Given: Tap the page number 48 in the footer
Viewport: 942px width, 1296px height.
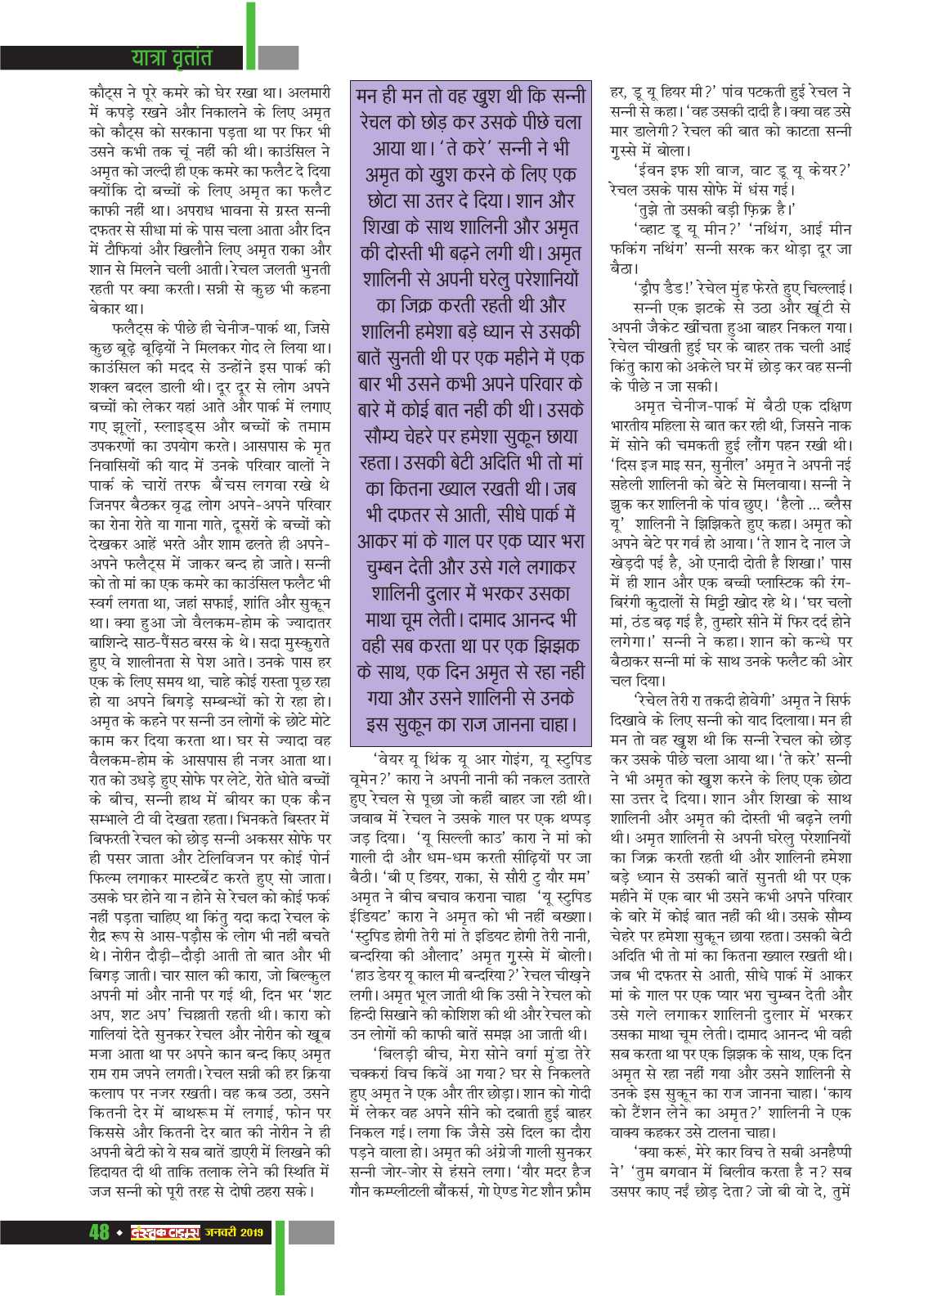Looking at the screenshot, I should (99, 1231).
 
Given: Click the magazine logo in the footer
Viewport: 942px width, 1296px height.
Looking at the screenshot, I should (166, 1231).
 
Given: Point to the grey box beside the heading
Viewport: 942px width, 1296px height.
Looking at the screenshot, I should (278, 58).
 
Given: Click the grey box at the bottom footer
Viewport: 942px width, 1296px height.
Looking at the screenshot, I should (312, 1232).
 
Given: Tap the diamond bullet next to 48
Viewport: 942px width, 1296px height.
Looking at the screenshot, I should (119, 1231).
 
